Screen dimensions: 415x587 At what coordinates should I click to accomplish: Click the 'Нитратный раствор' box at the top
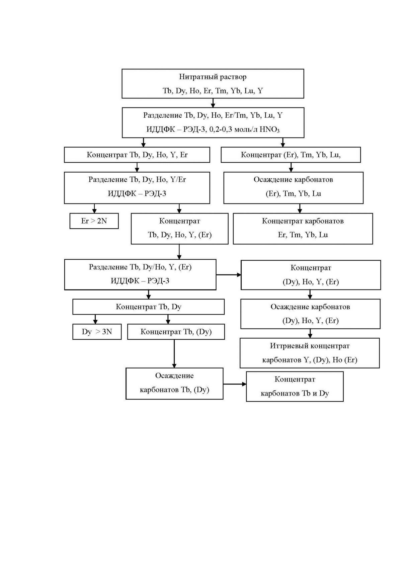(213, 84)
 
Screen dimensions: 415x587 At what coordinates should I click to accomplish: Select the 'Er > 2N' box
(94, 221)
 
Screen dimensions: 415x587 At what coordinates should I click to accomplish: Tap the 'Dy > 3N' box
(97, 332)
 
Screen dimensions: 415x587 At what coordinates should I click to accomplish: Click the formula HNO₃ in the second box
(269, 130)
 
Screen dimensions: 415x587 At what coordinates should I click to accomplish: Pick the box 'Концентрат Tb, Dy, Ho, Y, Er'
(137, 155)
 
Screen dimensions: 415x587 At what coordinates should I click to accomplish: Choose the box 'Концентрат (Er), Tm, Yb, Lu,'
(291, 155)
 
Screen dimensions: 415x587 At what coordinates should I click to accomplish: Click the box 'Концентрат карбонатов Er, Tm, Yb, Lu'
(303, 229)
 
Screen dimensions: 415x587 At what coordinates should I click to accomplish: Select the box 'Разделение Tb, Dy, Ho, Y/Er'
(137, 188)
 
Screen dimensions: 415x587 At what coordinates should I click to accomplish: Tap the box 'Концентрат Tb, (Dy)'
(176, 332)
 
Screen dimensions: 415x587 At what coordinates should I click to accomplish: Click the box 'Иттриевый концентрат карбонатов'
(310, 353)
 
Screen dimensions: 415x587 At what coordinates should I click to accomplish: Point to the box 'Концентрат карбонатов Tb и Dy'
(295, 387)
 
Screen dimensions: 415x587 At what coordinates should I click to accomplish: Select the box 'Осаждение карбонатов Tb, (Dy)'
(174, 384)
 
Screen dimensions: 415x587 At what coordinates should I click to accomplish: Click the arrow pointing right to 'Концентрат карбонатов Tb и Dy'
(235, 384)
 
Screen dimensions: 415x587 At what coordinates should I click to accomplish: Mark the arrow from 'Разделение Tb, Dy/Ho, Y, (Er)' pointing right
(229, 275)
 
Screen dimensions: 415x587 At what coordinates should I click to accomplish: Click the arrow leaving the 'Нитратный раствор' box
(213, 103)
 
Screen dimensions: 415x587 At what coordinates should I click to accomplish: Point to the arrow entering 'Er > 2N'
(94, 208)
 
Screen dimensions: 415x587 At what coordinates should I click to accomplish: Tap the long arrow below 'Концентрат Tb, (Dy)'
(174, 354)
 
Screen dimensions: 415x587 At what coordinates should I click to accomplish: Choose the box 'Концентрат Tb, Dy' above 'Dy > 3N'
(149, 307)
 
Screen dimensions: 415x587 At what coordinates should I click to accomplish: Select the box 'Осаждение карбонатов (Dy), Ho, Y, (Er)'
(310, 314)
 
